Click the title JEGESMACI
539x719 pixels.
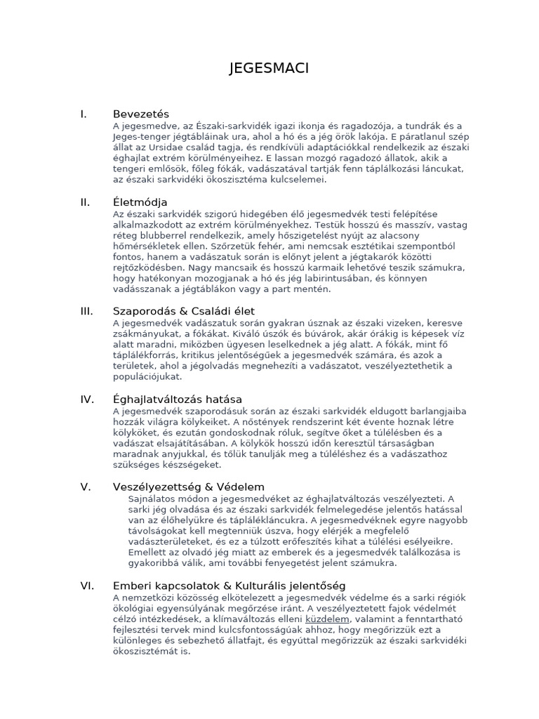(x=269, y=68)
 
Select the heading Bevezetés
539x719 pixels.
(x=141, y=114)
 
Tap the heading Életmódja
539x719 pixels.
(x=140, y=202)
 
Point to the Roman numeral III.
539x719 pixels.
(x=87, y=310)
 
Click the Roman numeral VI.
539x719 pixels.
(x=87, y=586)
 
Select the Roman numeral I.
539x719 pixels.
(x=84, y=114)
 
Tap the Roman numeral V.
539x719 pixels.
(x=86, y=487)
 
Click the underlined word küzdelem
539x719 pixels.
(x=328, y=620)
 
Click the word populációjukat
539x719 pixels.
(x=147, y=376)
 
